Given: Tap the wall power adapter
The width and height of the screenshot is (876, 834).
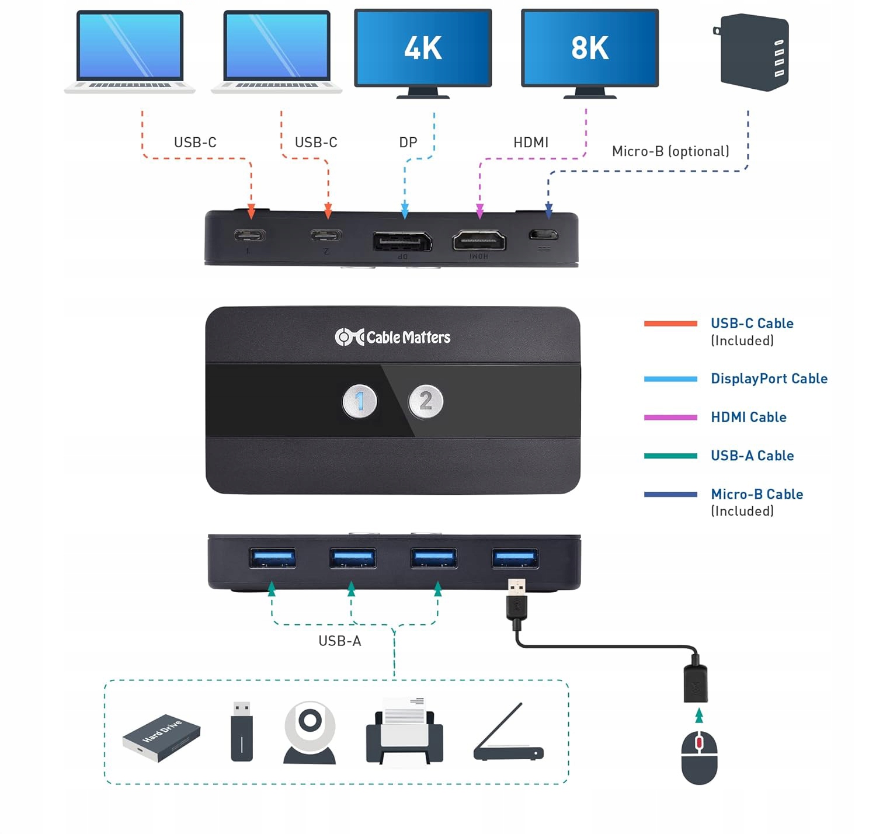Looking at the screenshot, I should coord(753,53).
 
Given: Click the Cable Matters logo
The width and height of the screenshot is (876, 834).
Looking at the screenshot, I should coord(392,337).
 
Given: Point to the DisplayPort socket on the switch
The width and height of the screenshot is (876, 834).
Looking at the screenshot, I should coord(402,240).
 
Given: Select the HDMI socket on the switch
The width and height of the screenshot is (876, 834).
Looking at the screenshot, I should coord(479,240).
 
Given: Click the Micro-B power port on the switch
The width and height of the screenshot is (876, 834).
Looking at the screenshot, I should coord(543,235).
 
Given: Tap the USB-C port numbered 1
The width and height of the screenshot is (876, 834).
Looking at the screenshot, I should coord(250,235).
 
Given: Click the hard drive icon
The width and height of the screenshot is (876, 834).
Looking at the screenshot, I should coord(161,737).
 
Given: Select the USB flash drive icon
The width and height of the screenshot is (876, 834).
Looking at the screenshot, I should coord(242,731).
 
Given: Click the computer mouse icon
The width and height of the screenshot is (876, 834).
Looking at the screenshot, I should coord(699,757).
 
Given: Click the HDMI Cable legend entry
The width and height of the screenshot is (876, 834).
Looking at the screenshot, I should coord(748,417).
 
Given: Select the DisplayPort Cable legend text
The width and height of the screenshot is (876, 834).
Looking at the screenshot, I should coord(769,378).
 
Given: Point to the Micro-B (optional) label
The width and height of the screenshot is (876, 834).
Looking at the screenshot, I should coord(670,151).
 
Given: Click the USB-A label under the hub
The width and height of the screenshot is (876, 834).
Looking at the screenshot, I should coord(340,641).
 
